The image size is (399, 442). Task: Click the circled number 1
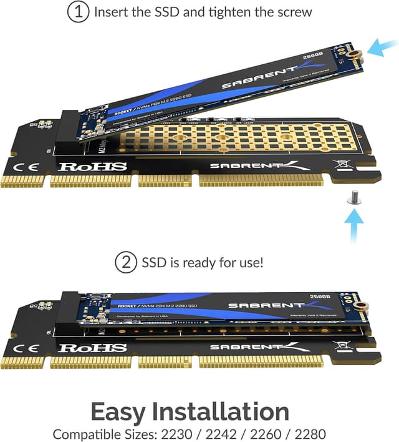tap(77, 12)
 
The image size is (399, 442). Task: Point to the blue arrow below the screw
tap(353, 228)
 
